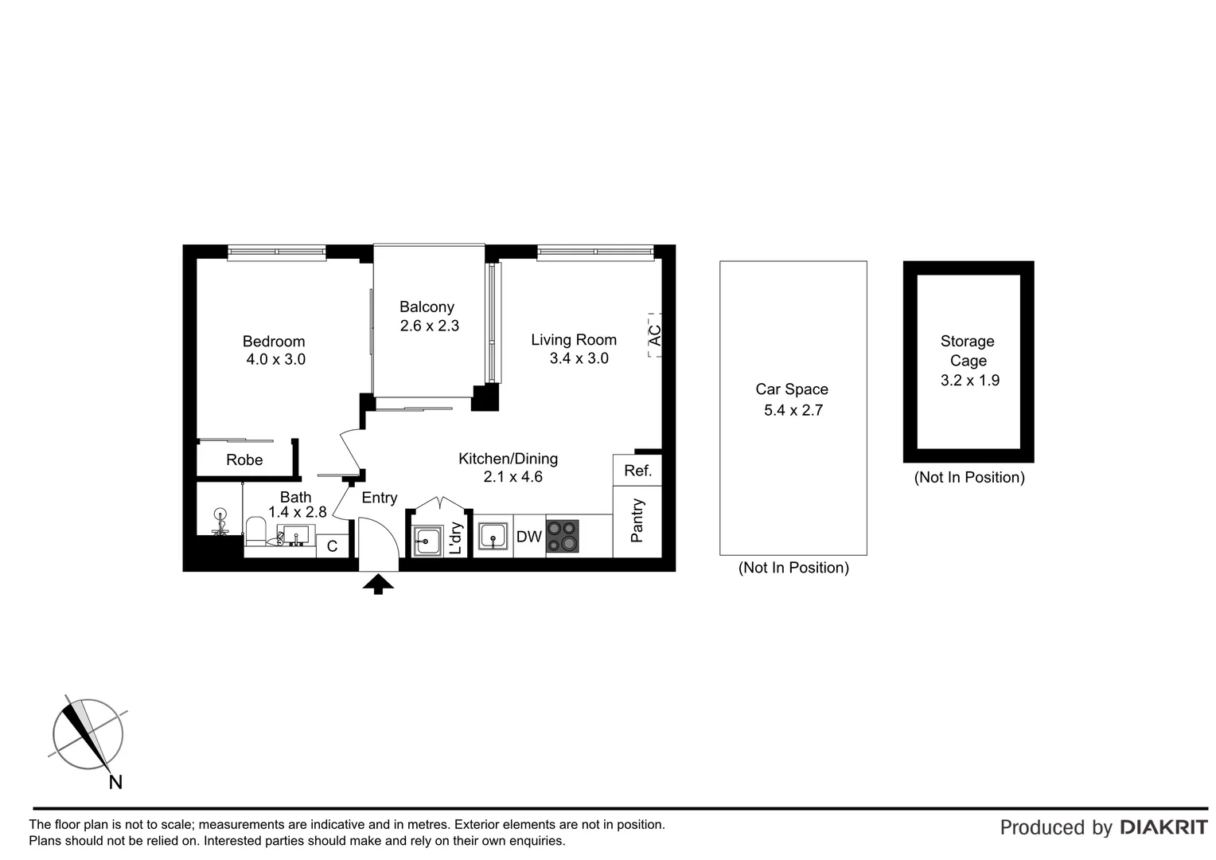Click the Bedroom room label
pos(274,342)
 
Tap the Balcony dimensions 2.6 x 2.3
pos(429,326)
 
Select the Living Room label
pos(574,340)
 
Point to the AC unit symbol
pos(655,334)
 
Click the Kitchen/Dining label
pos(508,459)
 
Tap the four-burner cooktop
pos(562,536)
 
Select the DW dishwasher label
pos(529,537)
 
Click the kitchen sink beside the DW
pos(493,537)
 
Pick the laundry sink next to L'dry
pos(427,541)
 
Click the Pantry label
pos(637,521)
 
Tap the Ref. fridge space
pos(637,471)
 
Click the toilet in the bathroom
pos(255,530)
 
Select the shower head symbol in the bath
pos(220,515)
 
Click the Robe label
pos(244,460)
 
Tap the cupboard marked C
pos(333,546)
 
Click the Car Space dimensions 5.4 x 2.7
pos(793,410)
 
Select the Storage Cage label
pos(968,350)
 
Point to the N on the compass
pos(115,782)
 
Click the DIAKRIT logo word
pos(1163,827)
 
